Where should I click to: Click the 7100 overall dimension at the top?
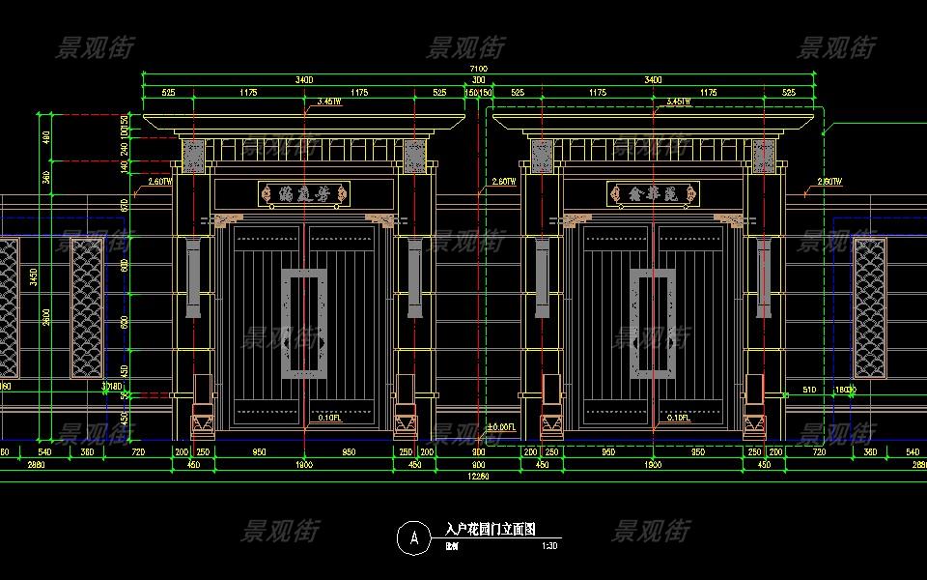click(x=478, y=69)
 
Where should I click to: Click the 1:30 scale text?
click(x=548, y=545)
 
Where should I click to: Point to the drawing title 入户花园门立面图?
click(x=490, y=530)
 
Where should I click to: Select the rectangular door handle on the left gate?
click(x=304, y=322)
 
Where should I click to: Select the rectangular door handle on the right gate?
click(x=653, y=322)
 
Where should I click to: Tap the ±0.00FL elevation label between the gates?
click(x=501, y=426)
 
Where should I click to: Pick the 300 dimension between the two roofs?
click(x=478, y=79)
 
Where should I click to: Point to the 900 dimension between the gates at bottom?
click(x=478, y=451)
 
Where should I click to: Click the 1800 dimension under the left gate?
click(x=304, y=464)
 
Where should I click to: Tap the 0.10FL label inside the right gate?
click(x=677, y=418)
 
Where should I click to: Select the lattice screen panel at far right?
click(x=869, y=307)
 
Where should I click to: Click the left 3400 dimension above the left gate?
click(x=304, y=79)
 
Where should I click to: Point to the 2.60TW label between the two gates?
click(x=503, y=181)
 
